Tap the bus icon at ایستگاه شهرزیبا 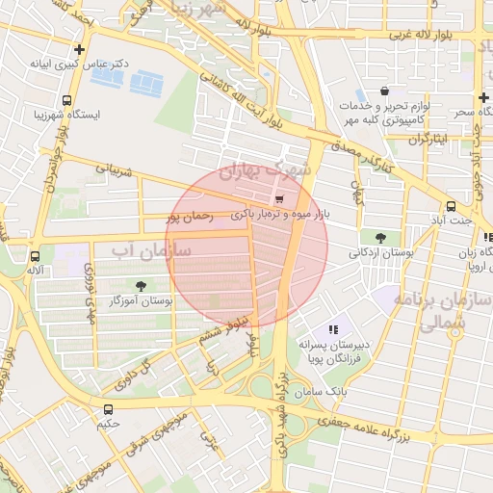click(66, 100)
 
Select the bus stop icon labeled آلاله click(35, 257)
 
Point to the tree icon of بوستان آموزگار click(143, 286)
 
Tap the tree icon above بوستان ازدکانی click(380, 238)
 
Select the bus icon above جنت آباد click(451, 206)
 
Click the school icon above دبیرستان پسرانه click(333, 329)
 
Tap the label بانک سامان click(323, 393)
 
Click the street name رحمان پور click(202, 219)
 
